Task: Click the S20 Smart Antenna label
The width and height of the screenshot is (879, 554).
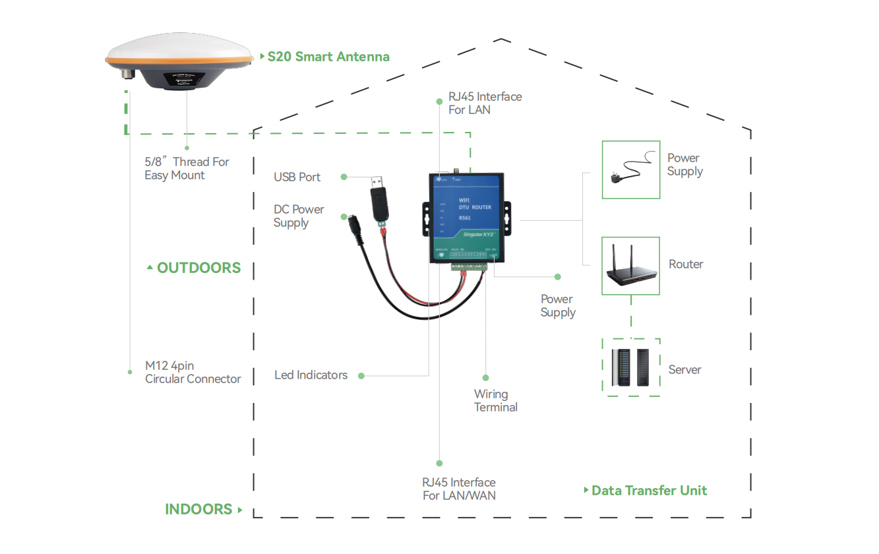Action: [x=328, y=57]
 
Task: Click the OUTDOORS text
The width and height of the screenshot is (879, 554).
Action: [x=198, y=268]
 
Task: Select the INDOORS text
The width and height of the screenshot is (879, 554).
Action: [x=198, y=509]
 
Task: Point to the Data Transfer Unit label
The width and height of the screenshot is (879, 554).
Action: [x=649, y=491]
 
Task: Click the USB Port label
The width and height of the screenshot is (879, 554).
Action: [x=297, y=177]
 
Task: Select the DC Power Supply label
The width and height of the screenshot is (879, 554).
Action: [x=299, y=216]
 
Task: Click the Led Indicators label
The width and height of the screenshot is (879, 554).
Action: [x=311, y=375]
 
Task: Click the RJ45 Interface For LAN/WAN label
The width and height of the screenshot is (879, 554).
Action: [x=459, y=489]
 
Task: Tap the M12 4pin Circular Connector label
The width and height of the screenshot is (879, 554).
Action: [x=193, y=373]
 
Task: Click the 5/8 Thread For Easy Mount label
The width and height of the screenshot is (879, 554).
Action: [x=187, y=169]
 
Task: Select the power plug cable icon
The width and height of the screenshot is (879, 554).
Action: [x=630, y=169]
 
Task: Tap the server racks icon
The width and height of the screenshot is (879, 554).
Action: [x=630, y=368]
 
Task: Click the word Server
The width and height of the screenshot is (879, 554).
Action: [x=684, y=370]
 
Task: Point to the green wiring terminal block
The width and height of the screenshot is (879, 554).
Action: [x=469, y=266]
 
